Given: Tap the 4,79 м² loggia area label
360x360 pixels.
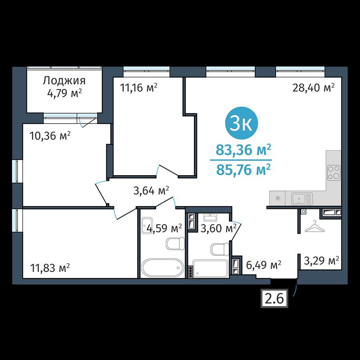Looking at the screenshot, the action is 64,94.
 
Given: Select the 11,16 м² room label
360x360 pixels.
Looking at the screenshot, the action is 139,88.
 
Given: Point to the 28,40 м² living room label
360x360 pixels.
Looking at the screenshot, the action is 313,88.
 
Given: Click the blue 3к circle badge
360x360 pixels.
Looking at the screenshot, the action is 242,123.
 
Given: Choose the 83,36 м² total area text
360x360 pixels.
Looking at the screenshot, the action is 243,150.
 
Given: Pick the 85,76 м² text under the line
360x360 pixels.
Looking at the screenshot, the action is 243,170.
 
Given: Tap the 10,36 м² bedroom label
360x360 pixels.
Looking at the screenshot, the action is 50,136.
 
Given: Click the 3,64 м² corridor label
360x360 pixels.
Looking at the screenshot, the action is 151,190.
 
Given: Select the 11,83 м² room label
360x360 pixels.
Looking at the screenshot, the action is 50,268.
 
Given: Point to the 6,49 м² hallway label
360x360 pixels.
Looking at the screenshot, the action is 264,265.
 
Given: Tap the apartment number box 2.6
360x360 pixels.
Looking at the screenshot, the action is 274,298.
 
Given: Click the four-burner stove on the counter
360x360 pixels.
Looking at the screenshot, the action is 334,173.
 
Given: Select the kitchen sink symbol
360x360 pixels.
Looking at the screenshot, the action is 302,199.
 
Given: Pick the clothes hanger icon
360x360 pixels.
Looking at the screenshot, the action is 315,226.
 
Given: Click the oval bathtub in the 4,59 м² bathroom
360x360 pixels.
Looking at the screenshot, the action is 162,268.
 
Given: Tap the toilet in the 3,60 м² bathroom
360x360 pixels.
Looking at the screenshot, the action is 220,249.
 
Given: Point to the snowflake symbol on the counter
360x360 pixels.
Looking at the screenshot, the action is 278,198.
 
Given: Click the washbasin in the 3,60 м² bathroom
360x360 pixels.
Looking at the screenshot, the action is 210,218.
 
